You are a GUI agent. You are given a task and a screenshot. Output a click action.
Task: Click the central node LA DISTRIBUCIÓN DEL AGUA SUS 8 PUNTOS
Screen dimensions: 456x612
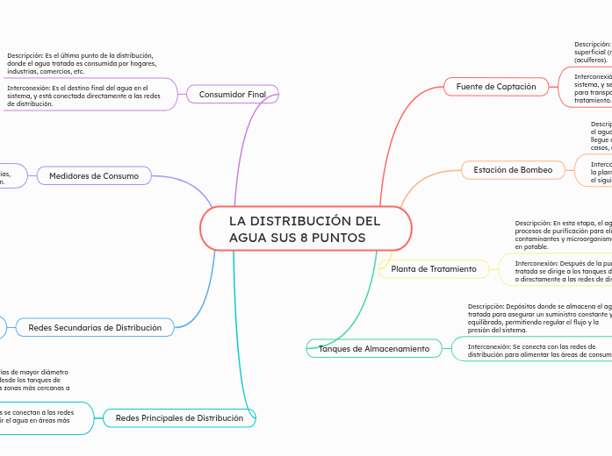point(306,229)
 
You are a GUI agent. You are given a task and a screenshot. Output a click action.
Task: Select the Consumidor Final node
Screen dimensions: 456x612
point(233,94)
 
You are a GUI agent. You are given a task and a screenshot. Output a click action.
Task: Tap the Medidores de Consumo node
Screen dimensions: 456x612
point(94,176)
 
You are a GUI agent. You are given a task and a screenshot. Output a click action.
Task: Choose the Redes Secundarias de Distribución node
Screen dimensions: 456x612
point(95,327)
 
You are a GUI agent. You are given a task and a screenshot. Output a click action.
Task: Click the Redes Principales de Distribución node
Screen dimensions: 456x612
point(179,418)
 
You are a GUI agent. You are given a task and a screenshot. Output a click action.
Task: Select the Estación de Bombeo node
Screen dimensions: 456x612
point(513,169)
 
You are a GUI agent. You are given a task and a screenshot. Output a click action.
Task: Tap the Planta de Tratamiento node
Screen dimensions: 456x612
point(434,268)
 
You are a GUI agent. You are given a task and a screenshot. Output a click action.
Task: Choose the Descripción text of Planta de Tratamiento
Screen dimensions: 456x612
point(562,235)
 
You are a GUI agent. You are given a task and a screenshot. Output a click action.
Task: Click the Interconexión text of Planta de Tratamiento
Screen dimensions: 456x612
point(562,271)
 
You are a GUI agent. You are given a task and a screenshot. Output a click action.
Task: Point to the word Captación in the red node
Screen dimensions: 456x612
point(516,87)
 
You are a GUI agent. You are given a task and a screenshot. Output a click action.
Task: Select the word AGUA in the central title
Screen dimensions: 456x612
point(248,238)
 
